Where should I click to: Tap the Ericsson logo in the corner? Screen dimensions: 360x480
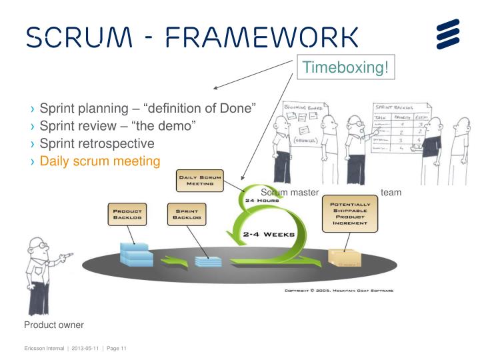click(x=448, y=34)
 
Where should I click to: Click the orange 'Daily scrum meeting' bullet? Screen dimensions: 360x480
click(x=100, y=161)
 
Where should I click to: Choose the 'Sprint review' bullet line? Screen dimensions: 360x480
click(x=117, y=126)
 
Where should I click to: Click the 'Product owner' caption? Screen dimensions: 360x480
click(x=54, y=325)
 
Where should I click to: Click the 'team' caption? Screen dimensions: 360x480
click(x=391, y=192)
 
